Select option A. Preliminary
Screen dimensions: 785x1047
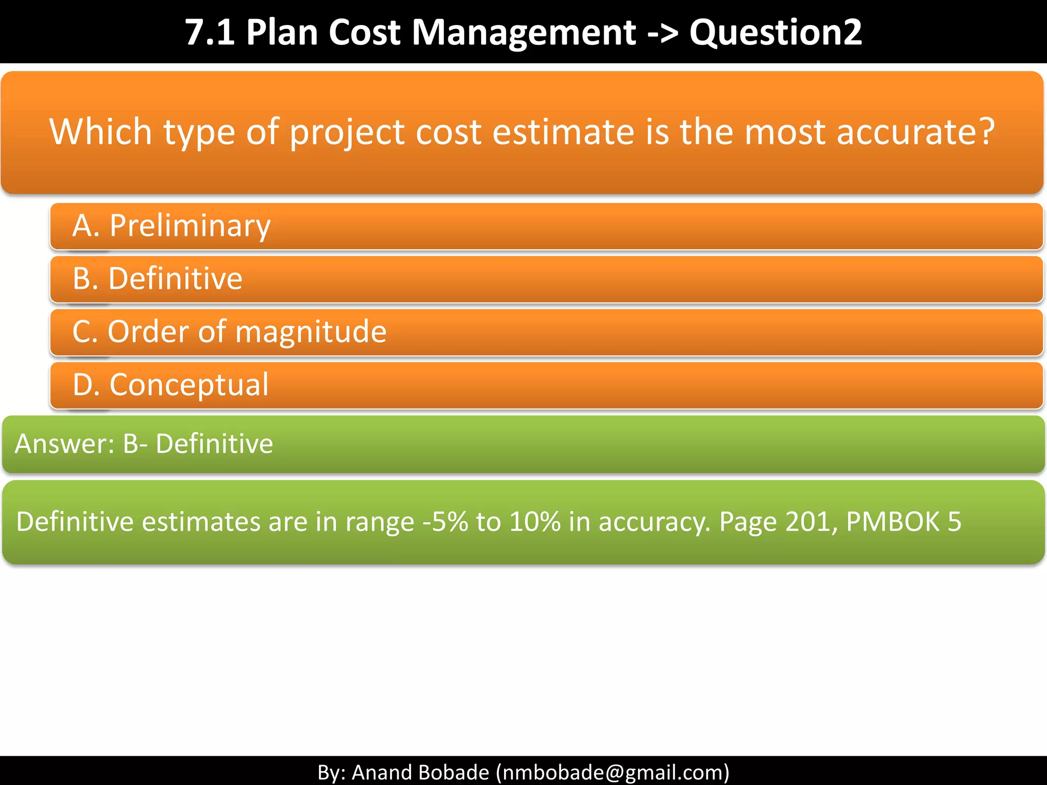171,226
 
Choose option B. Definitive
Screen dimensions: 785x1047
157,279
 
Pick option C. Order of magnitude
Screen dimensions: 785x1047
229,332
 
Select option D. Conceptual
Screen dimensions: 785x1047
170,385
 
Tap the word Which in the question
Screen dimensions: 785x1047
100,132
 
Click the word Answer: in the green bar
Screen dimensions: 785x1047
64,444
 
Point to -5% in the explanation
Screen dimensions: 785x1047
445,522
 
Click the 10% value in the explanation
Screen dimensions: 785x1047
535,522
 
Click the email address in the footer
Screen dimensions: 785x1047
612,772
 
